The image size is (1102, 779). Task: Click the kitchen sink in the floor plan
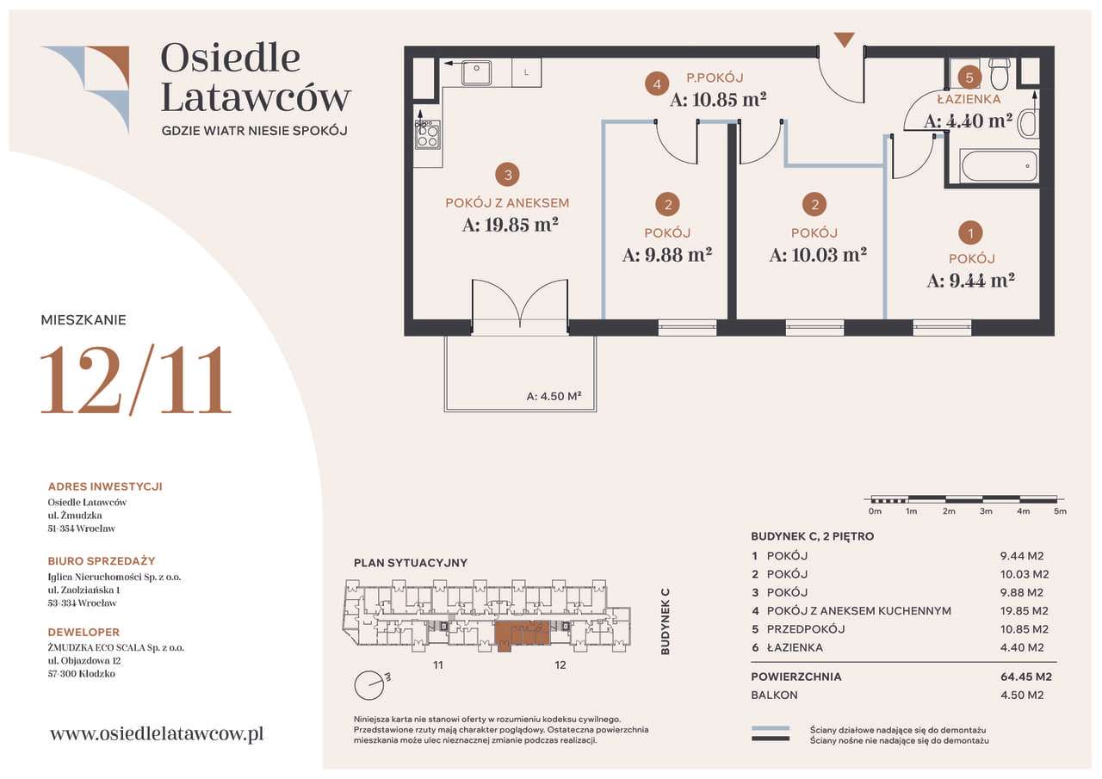coord(476,72)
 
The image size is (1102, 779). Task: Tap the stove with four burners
coord(427,134)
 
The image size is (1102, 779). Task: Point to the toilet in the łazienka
coord(1000,73)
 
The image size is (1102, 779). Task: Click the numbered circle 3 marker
coord(508,175)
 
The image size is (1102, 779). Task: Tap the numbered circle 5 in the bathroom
coord(969,77)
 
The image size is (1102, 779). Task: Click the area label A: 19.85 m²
coord(511,225)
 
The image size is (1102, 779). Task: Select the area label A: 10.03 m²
coord(818,255)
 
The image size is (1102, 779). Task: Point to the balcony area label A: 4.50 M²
coord(554,396)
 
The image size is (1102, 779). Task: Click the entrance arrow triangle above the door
coord(845,40)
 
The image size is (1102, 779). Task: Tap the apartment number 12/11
coord(136,380)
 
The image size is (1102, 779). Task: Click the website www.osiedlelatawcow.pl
coord(157,734)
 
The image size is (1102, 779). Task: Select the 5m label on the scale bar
coord(1060,511)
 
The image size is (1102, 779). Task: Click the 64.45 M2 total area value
coord(1026,677)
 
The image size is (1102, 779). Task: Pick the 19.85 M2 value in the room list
coord(1025,611)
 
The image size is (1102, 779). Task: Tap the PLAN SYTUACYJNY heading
coord(411,563)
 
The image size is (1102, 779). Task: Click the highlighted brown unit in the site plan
coord(521,634)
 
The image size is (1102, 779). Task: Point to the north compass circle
coord(368,685)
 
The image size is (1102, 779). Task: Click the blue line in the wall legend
coord(771,728)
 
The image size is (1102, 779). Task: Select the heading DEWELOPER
coord(84,632)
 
